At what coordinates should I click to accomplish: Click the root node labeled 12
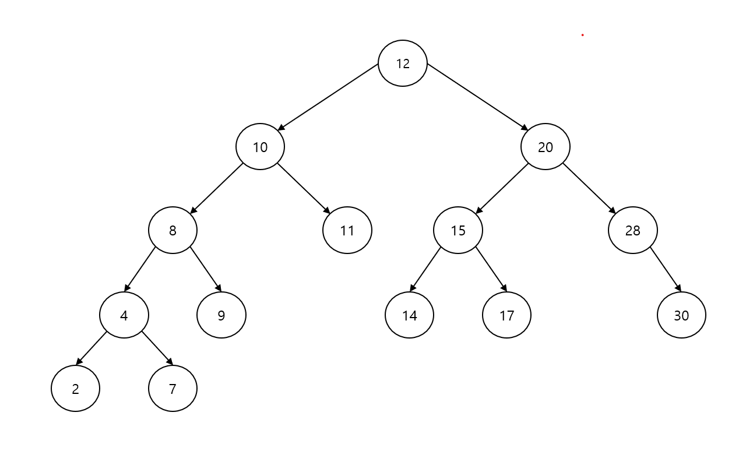403,64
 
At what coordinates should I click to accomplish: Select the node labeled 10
260,147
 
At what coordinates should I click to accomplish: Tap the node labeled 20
545,147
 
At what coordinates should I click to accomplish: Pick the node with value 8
173,230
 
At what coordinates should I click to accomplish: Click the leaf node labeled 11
347,230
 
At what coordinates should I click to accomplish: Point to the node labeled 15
458,230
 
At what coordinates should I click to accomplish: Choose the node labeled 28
632,230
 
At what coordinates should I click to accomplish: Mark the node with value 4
124,315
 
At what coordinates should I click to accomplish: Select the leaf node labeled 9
221,315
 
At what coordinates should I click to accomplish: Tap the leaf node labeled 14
409,315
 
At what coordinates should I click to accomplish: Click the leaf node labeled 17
506,315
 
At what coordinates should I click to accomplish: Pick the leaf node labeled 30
681,315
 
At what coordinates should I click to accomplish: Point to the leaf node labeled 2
75,389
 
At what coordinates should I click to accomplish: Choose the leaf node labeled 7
173,389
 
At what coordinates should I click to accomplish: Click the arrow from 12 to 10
328,97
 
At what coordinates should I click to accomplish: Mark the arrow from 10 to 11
304,189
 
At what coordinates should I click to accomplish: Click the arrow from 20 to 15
502,189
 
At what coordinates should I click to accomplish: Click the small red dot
582,35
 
